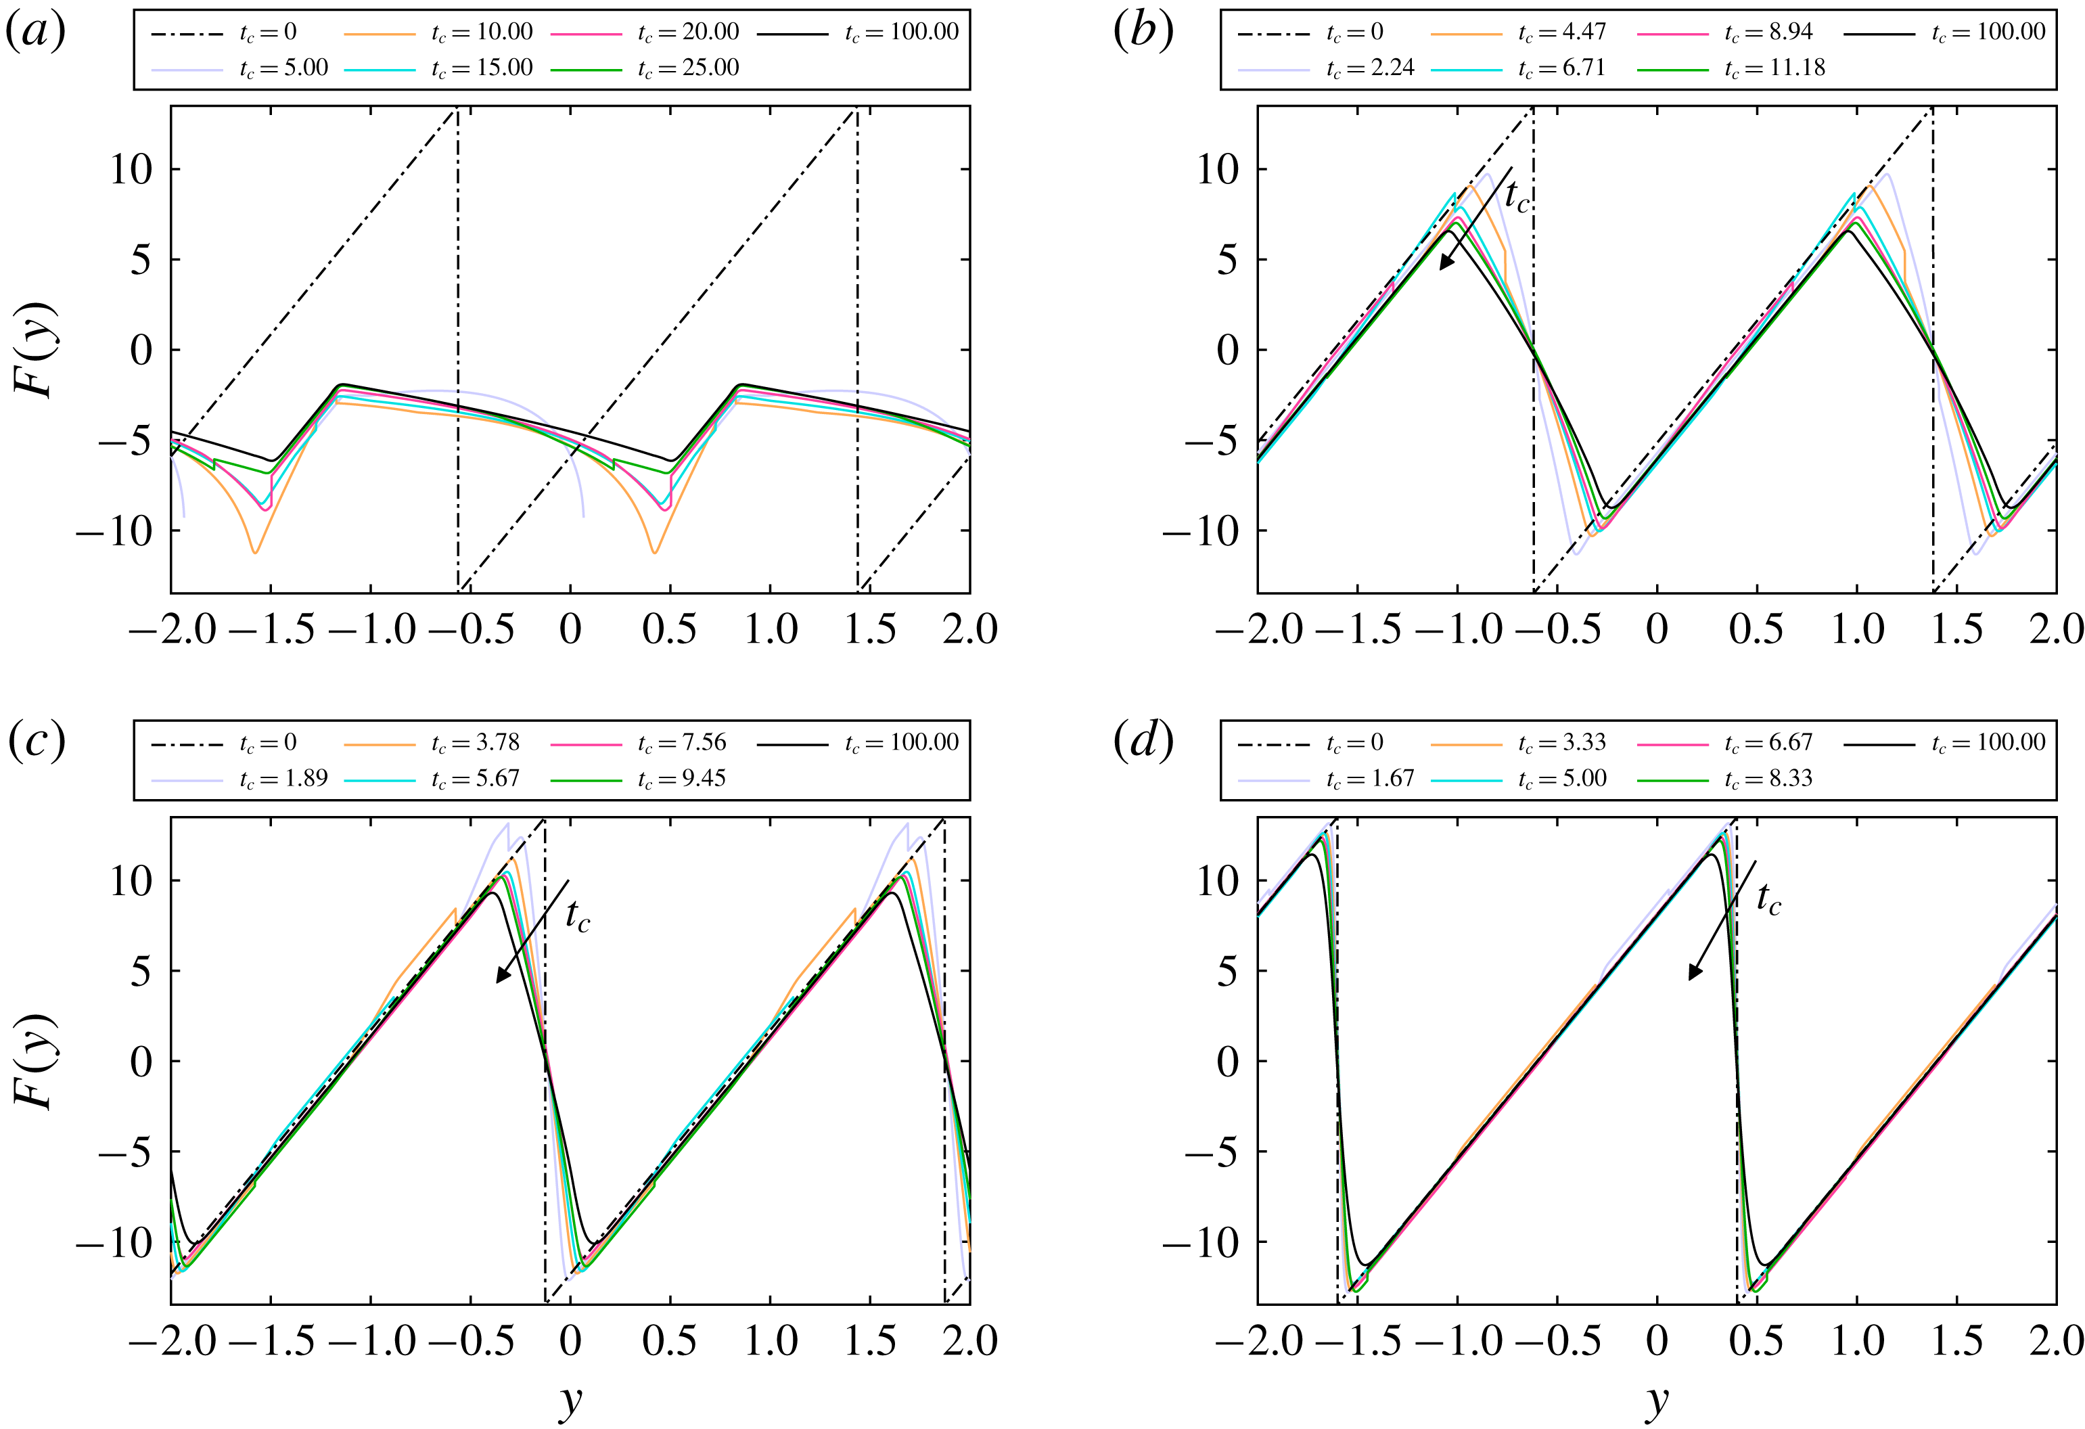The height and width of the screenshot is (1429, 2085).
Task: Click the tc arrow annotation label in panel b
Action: click(x=1516, y=196)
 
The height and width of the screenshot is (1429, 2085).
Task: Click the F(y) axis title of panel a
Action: click(x=36, y=350)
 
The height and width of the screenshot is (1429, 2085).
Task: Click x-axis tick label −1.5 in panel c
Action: click(x=271, y=1341)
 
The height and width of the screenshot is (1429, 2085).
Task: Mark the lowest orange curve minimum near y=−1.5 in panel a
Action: click(x=255, y=551)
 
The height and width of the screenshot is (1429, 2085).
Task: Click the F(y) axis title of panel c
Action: click(x=36, y=1061)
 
